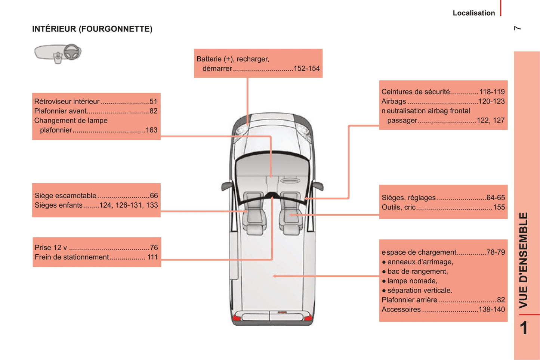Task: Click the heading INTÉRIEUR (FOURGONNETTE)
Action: click(92, 29)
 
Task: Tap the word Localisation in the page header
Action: click(474, 13)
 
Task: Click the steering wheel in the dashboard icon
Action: click(72, 52)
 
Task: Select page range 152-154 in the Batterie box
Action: click(306, 68)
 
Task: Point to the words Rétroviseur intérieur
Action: click(67, 102)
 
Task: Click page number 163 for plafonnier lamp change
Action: click(151, 130)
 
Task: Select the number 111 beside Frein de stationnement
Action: click(152, 257)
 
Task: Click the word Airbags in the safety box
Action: click(394, 102)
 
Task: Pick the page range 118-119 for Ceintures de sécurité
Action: click(492, 92)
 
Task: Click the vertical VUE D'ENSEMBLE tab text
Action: click(523, 260)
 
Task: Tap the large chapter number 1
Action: click(524, 328)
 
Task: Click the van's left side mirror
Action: click(227, 186)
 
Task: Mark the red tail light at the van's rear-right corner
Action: click(308, 318)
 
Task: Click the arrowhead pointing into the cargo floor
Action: click(274, 276)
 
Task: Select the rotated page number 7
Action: click(517, 28)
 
